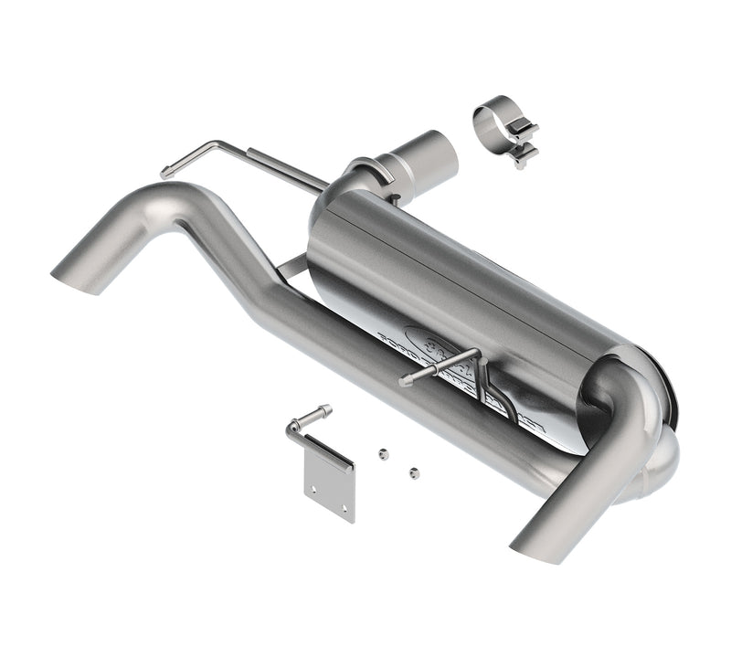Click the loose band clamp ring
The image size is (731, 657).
(494, 116)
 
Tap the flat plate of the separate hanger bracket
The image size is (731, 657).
(329, 484)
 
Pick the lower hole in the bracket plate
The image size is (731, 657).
(343, 508)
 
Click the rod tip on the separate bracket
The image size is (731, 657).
(324, 410)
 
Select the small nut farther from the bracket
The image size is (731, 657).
(414, 472)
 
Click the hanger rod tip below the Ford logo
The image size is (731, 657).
(404, 382)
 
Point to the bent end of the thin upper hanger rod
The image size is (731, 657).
(167, 171)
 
